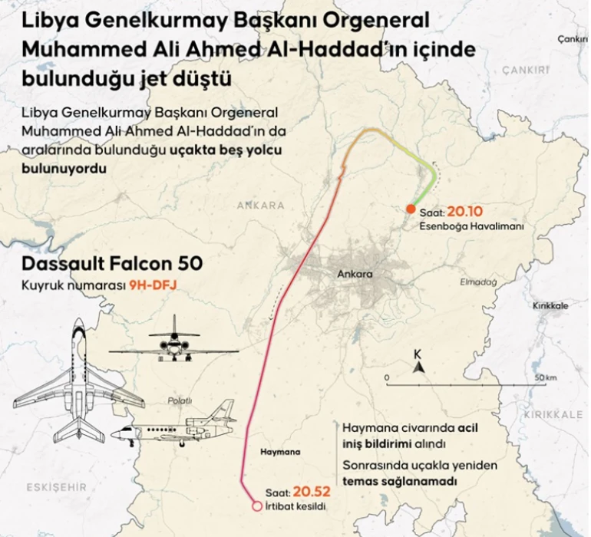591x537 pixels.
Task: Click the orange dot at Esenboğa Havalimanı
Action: coord(411,209)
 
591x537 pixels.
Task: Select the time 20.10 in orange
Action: coord(467,212)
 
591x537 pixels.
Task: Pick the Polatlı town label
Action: coord(181,400)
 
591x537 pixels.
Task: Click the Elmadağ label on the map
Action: coord(478,282)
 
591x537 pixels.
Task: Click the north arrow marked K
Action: coord(418,363)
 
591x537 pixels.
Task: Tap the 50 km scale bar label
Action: coord(546,377)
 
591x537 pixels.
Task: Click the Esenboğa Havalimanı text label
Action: coord(471,227)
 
